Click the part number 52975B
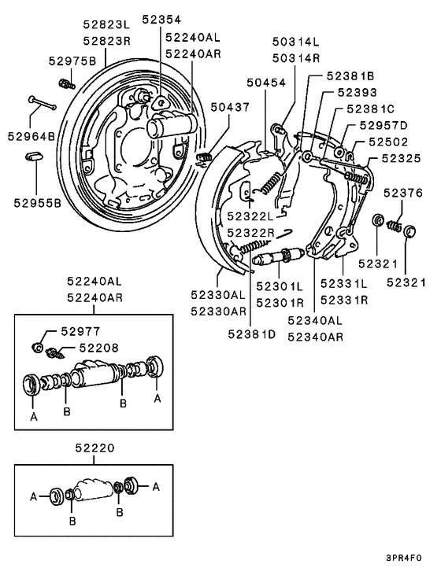(x=72, y=61)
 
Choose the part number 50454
(x=264, y=82)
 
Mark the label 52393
(x=361, y=92)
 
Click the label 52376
(x=402, y=193)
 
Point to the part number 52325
(x=402, y=158)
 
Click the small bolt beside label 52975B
(x=66, y=79)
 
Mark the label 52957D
(x=384, y=125)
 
